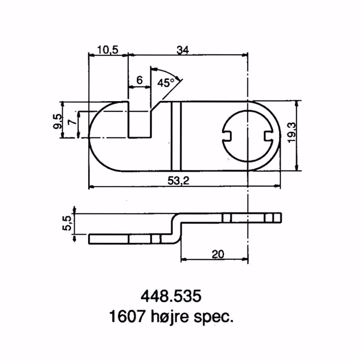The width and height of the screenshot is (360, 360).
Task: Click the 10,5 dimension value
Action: pyautogui.click(x=108, y=50)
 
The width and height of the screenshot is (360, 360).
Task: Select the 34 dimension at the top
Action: pyautogui.click(x=182, y=50)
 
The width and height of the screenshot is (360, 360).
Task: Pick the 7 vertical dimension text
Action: pyautogui.click(x=71, y=123)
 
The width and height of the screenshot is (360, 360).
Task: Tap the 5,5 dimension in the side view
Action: pyautogui.click(x=67, y=223)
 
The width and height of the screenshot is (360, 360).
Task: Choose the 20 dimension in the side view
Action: pyautogui.click(x=217, y=254)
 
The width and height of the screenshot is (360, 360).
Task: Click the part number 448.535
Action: pyautogui.click(x=171, y=297)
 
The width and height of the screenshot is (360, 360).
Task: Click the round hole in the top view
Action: pyautogui.click(x=248, y=135)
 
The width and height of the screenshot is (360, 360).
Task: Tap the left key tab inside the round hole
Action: pyautogui.click(x=228, y=135)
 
